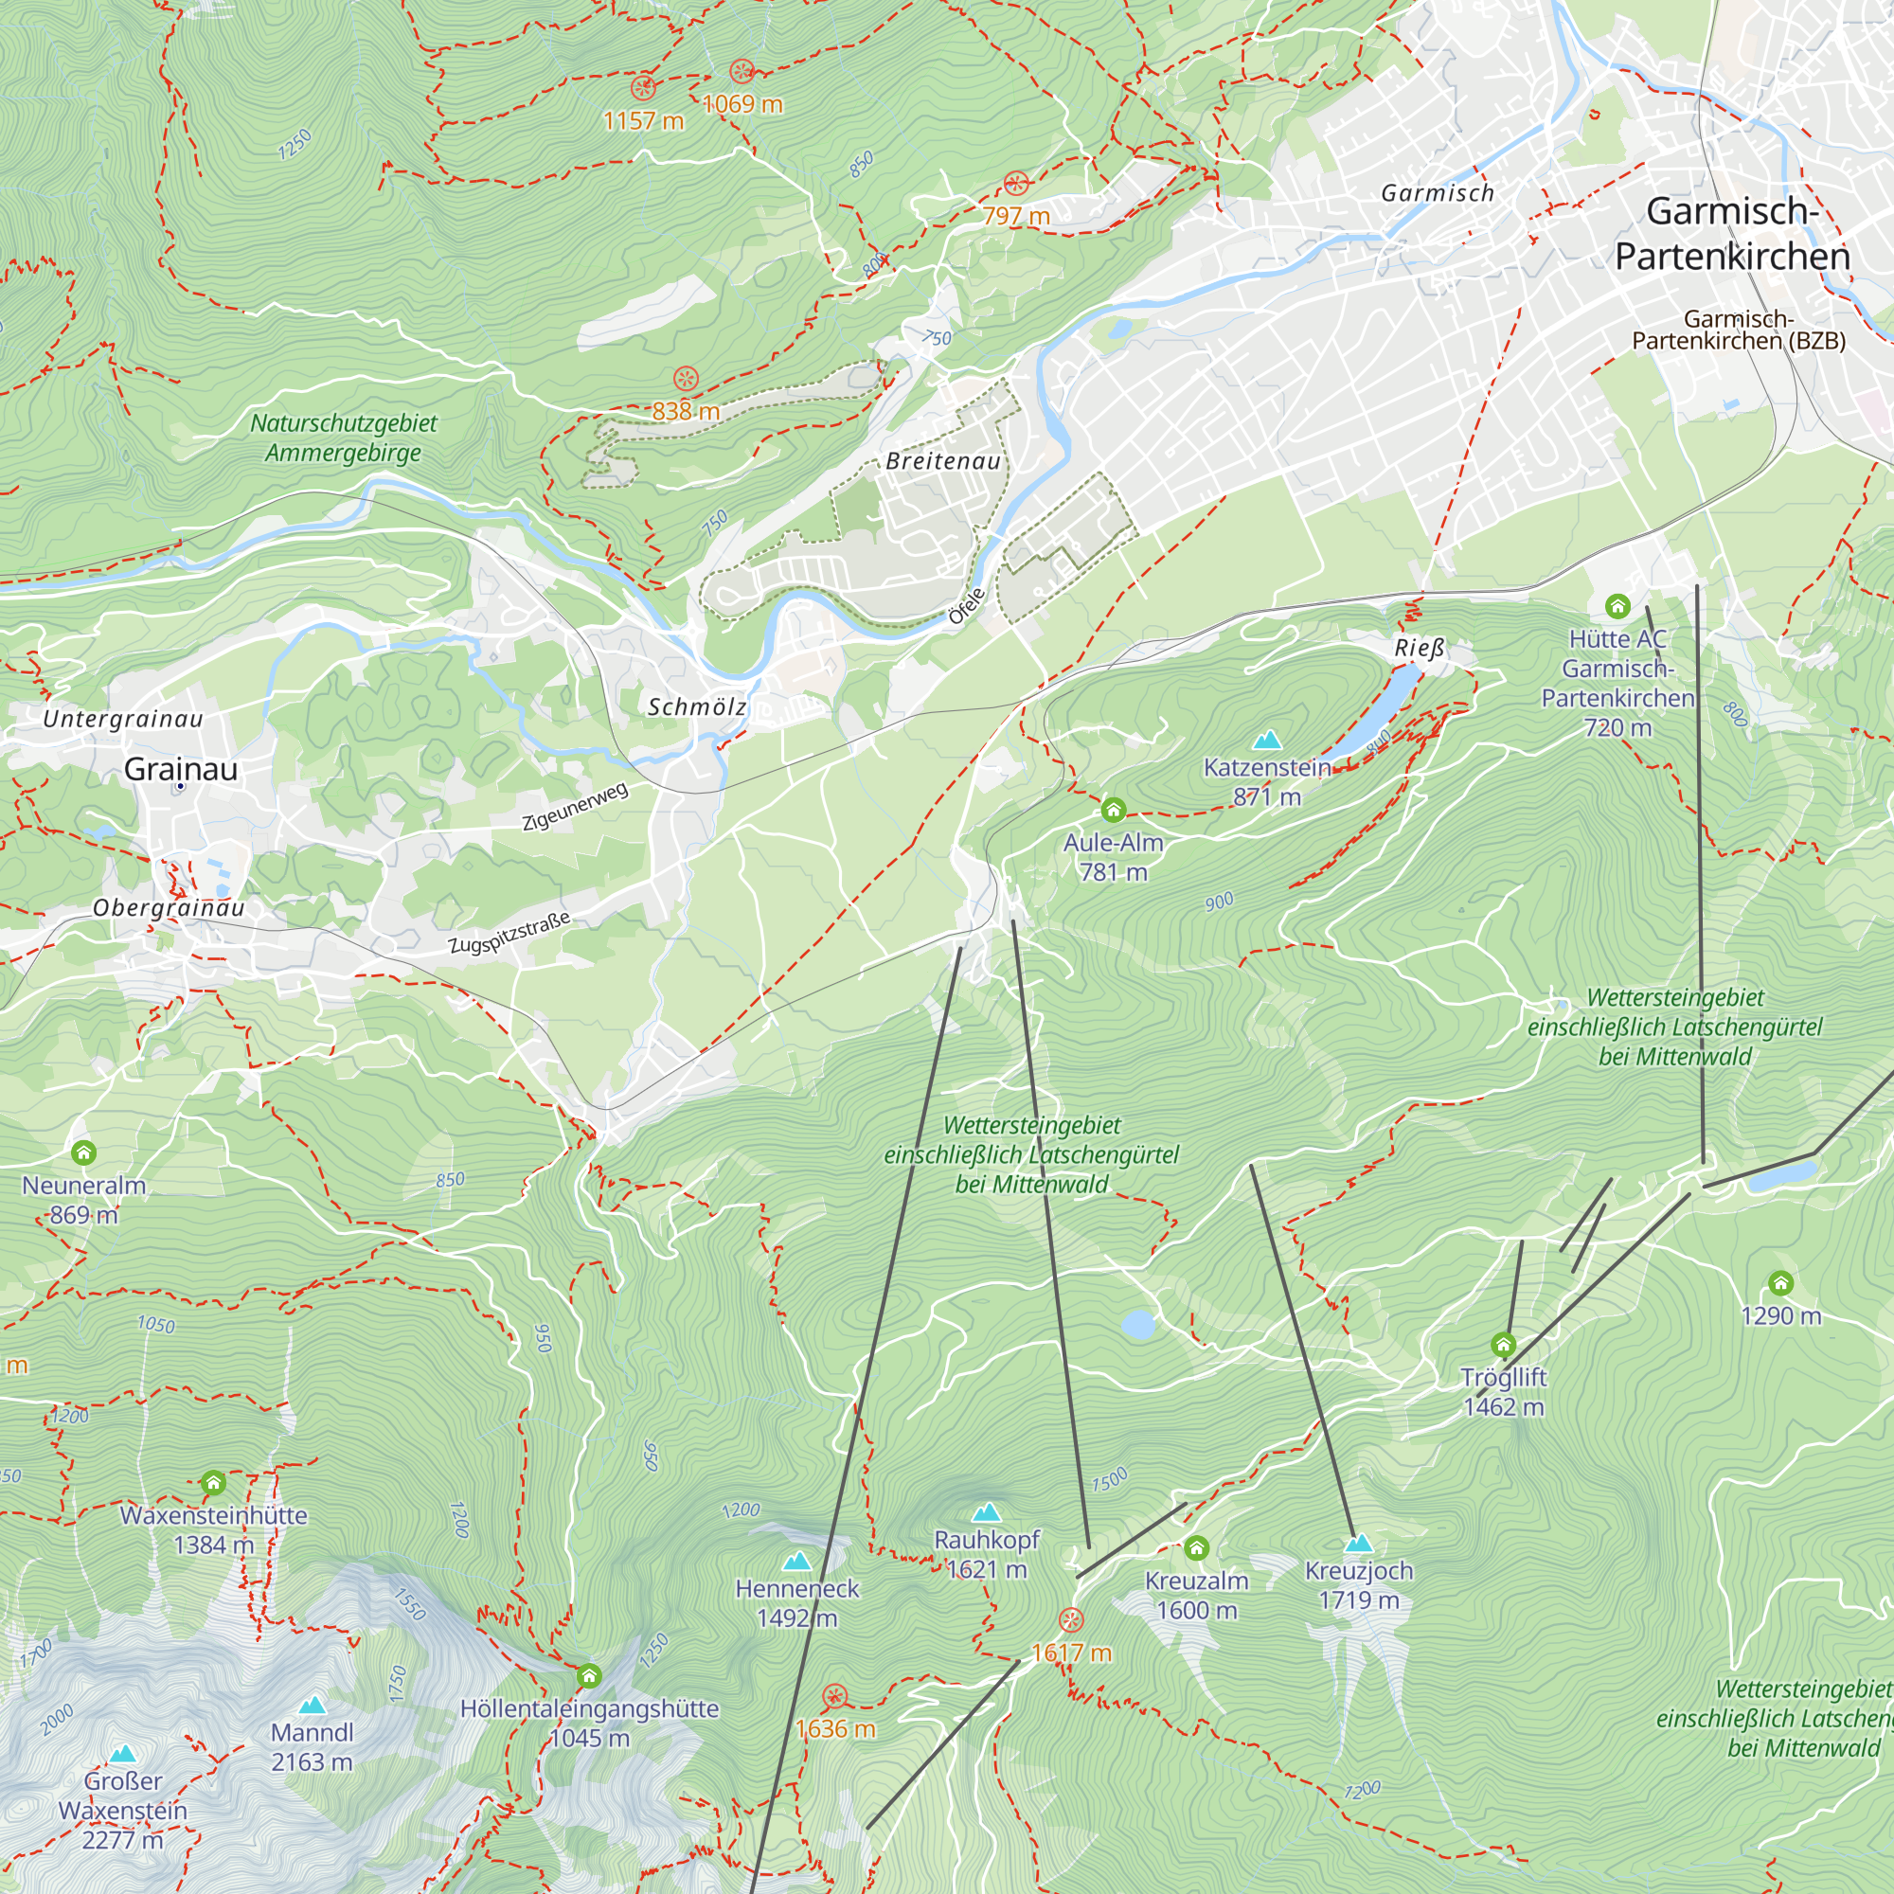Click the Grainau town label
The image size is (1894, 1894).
click(x=180, y=770)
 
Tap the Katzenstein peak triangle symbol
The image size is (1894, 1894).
click(x=1268, y=740)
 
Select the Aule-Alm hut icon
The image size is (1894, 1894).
click(x=1113, y=810)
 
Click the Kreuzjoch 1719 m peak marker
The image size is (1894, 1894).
click(x=1358, y=1544)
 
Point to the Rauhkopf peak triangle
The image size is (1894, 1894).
click(x=986, y=1512)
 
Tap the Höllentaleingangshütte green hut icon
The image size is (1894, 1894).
click(x=588, y=1675)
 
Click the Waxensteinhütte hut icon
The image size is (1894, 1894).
click(x=213, y=1482)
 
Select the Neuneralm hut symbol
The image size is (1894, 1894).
click(x=84, y=1152)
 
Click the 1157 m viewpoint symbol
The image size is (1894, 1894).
click(x=643, y=88)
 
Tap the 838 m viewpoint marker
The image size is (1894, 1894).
click(x=687, y=379)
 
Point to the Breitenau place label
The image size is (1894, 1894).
click(x=943, y=462)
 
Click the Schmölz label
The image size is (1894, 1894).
click(x=697, y=706)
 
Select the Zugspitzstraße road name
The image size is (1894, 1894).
click(x=509, y=932)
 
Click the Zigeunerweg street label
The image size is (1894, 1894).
click(x=575, y=807)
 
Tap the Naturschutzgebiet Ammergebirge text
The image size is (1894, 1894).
click(x=343, y=438)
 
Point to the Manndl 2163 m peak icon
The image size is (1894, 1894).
click(x=312, y=1706)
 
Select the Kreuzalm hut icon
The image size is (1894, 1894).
click(x=1196, y=1548)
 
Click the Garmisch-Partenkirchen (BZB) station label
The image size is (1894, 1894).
click(x=1738, y=330)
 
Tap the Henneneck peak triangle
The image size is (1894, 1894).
click(x=797, y=1561)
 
